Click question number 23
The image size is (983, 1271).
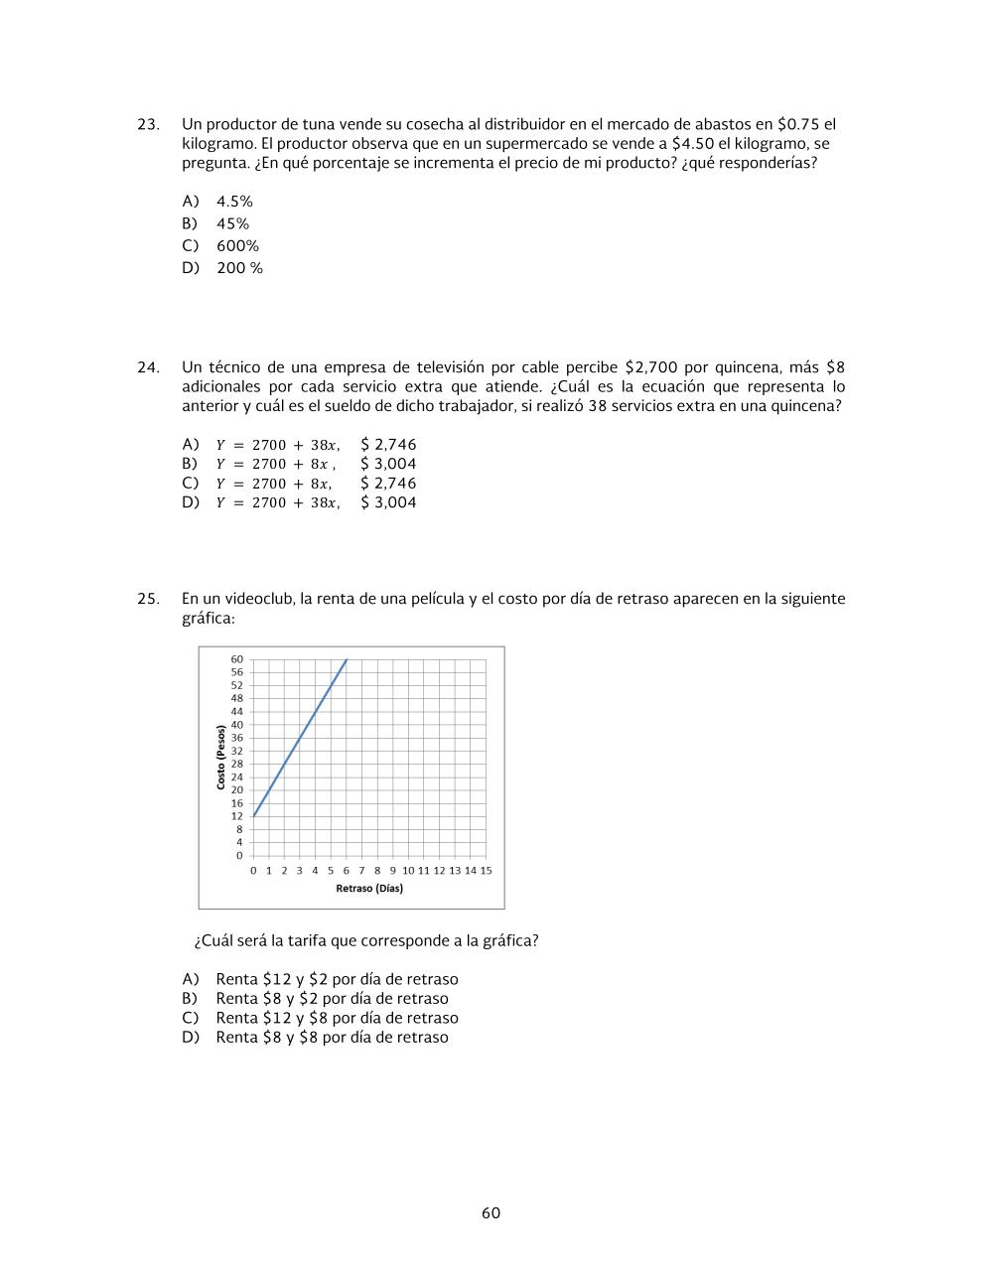tap(148, 125)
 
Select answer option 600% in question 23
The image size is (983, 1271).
tap(237, 246)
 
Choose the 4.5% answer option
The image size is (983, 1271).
tap(234, 202)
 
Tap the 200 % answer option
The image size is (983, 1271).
tap(239, 268)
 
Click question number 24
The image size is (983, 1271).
tap(148, 367)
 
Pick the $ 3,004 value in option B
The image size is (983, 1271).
tap(388, 464)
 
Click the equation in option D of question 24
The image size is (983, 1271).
tap(277, 503)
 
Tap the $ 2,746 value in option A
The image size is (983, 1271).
tap(388, 445)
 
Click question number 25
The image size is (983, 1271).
tap(148, 599)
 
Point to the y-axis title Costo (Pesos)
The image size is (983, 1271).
tap(220, 758)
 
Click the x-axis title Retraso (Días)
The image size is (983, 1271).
tap(369, 888)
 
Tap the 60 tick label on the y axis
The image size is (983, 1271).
tap(236, 659)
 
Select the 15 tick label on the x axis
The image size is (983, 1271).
tap(486, 871)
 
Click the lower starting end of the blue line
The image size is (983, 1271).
tap(254, 816)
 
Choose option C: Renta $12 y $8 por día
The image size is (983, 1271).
tap(337, 1018)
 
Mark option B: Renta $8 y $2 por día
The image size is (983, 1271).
tap(332, 999)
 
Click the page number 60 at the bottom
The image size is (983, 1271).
tap(491, 1213)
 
